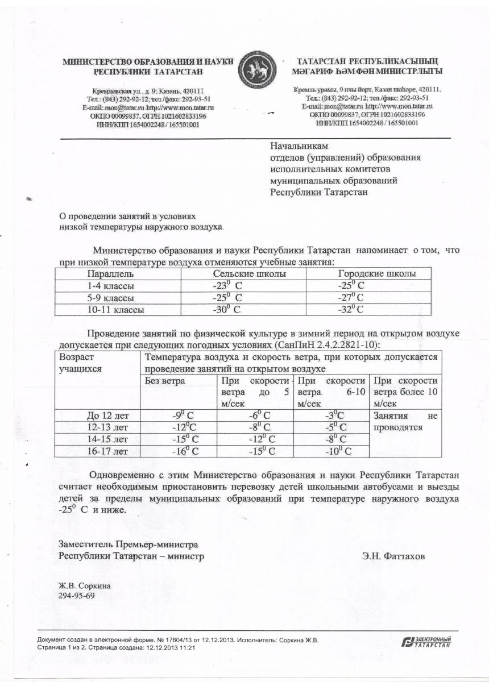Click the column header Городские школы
point(376,273)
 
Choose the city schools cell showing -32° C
point(351,310)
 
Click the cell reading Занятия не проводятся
point(406,422)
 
